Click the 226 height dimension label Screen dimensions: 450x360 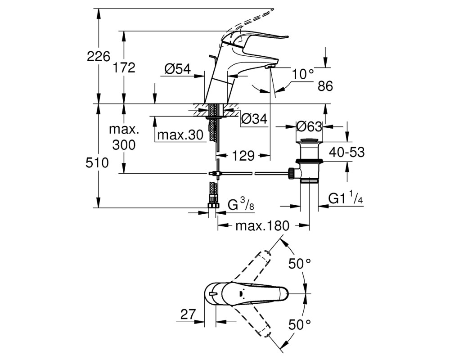click(99, 57)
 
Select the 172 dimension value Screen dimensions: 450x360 click(124, 68)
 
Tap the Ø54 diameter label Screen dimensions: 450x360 click(178, 69)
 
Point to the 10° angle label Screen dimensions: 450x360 click(303, 74)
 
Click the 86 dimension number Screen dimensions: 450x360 click(325, 86)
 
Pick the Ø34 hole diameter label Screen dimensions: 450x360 click(254, 118)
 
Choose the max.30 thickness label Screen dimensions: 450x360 click(180, 135)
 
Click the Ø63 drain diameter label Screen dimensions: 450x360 click(309, 126)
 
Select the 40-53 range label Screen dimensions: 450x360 click(346, 152)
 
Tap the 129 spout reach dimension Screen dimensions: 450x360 click(243, 156)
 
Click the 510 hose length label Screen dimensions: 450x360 click(97, 163)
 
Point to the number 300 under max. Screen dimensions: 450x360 click(124, 145)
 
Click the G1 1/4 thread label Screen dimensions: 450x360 click(346, 198)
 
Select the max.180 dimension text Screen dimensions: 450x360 click(262, 226)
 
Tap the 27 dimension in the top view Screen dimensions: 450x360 click(188, 314)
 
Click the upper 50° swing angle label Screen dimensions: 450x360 click(300, 264)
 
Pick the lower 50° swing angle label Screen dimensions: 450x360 click(300, 325)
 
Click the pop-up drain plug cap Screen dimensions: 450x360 click(309, 141)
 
